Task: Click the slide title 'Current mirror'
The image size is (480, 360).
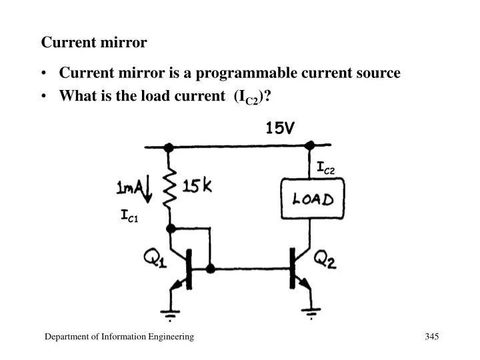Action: pos(94,43)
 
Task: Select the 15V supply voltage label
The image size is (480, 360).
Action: pos(279,128)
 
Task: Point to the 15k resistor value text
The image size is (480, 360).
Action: pos(197,187)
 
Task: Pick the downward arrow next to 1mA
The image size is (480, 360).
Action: pos(147,190)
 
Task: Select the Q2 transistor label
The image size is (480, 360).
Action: pos(325,259)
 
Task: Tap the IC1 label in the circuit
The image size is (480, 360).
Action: pos(129,215)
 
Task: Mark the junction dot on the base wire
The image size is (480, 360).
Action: pos(211,269)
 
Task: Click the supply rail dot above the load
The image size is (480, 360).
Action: pos(309,145)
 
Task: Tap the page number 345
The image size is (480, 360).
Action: pos(431,337)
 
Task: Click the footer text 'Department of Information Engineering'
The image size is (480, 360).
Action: pos(119,337)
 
